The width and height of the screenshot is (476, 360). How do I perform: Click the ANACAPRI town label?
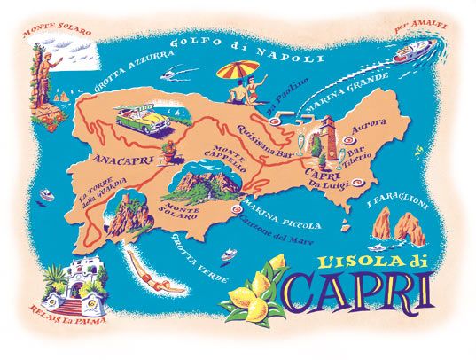118,161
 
